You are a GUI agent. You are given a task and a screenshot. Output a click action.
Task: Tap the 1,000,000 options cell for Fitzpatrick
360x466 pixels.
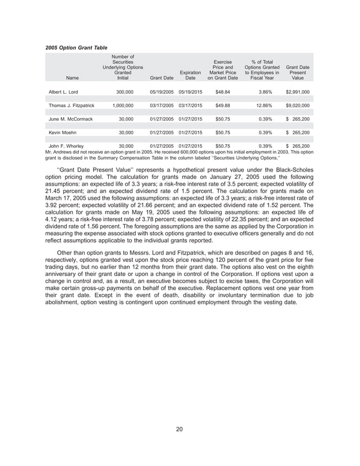tap(119, 105)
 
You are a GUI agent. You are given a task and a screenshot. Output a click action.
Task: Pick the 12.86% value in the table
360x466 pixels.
tap(265, 105)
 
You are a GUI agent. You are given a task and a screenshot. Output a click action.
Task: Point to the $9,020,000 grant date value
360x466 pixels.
tap(297, 105)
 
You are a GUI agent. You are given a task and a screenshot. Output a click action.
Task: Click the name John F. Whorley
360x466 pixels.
tap(66, 146)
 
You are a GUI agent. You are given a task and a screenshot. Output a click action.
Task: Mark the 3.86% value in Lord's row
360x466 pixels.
tap(265, 91)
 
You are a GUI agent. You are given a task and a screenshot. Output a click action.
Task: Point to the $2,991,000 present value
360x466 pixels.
tap(297, 91)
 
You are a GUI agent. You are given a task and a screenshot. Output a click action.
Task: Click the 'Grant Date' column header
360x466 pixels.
tap(161, 78)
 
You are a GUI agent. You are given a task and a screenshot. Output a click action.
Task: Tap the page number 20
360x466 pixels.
tap(179, 430)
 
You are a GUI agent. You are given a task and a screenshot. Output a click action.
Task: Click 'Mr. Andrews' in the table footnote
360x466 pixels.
tap(59, 151)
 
